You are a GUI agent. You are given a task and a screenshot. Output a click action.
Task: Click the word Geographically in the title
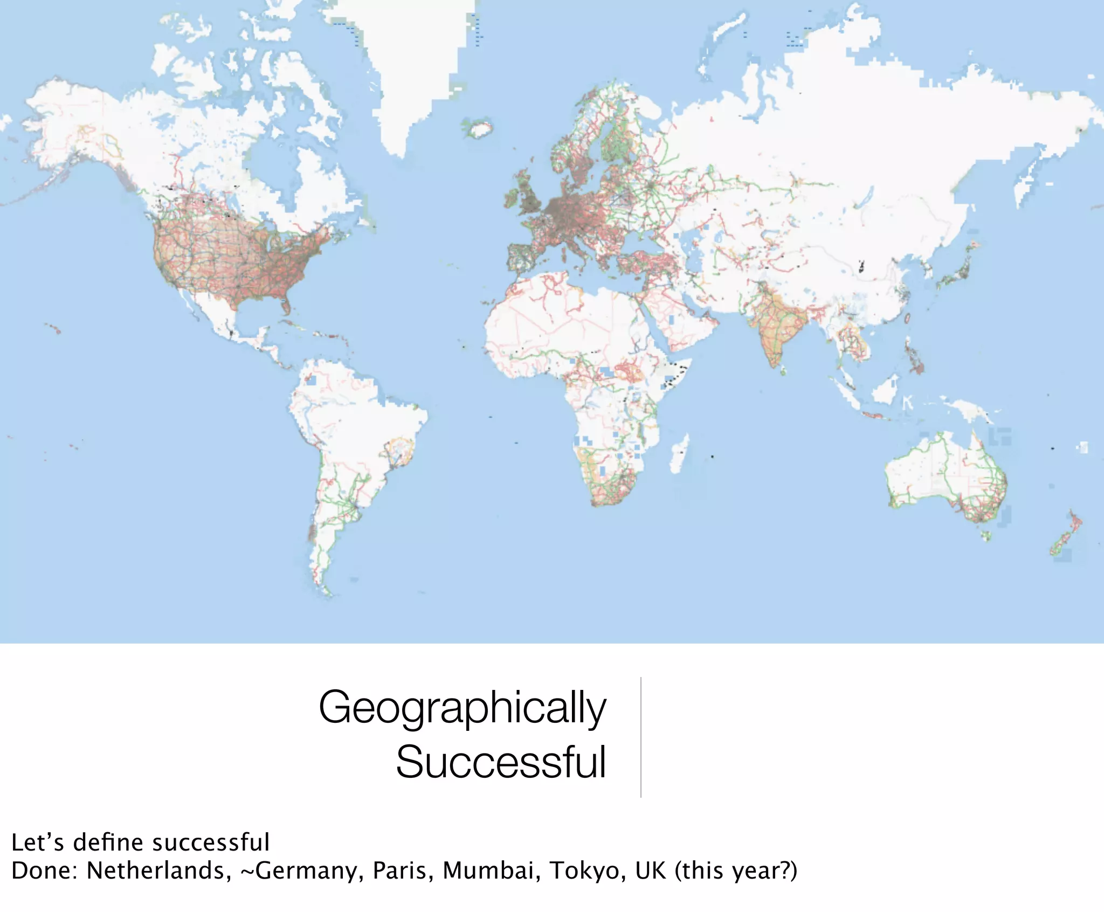click(463, 708)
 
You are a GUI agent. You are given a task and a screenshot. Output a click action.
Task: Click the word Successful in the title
click(501, 762)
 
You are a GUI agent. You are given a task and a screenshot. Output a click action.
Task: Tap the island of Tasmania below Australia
click(986, 536)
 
